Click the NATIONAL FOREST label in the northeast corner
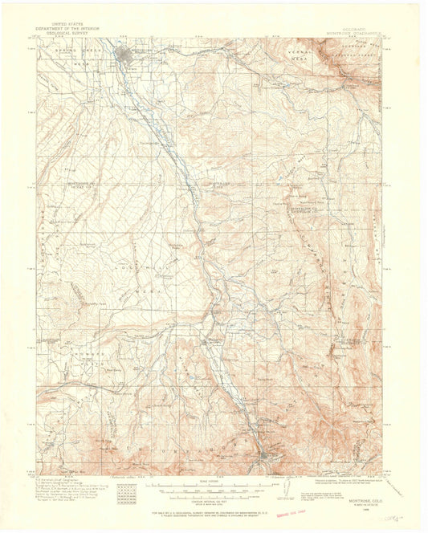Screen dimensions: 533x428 [357, 55]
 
